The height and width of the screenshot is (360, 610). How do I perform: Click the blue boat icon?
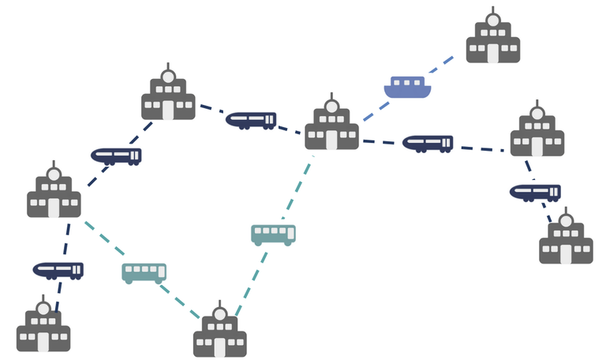[407, 88]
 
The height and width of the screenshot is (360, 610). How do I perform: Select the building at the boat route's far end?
[492, 40]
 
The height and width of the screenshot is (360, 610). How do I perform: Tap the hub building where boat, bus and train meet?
[331, 126]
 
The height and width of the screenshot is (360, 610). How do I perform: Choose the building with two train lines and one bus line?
[54, 194]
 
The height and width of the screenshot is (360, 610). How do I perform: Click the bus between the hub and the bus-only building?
[273, 234]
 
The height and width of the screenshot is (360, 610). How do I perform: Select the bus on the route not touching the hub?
[144, 272]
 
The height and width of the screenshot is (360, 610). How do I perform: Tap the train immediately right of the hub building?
[427, 143]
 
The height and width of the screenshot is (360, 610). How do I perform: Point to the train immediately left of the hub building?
[251, 120]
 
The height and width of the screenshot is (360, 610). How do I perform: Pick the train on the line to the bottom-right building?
[535, 192]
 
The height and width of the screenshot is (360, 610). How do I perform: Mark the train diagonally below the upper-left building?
[116, 156]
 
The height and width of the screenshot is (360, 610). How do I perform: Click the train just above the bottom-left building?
[58, 270]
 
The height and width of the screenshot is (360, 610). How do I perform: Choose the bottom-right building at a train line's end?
[566, 241]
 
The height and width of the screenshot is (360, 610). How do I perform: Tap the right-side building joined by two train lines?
[537, 133]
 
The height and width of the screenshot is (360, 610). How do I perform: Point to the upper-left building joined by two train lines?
[168, 97]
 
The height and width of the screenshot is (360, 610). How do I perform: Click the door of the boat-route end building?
[492, 53]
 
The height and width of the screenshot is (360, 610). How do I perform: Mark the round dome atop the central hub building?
[331, 107]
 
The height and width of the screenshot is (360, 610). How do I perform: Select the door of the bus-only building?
[219, 347]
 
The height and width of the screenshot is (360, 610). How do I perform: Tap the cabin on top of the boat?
[407, 81]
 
